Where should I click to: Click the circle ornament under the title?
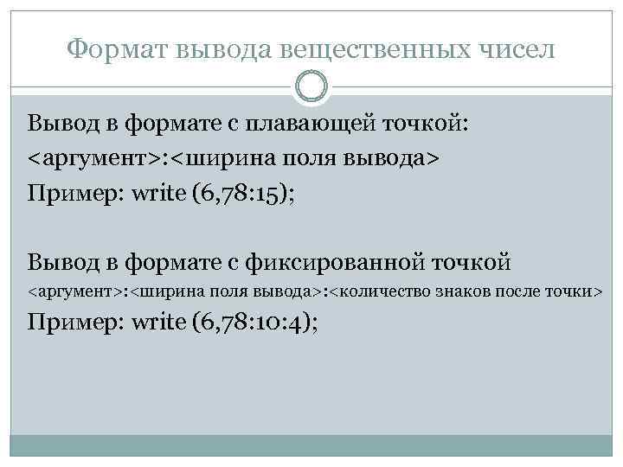[311, 87]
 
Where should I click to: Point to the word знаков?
[459, 291]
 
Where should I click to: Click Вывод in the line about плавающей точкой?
[58, 123]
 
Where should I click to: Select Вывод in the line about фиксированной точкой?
[58, 259]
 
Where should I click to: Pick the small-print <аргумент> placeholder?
[74, 291]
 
